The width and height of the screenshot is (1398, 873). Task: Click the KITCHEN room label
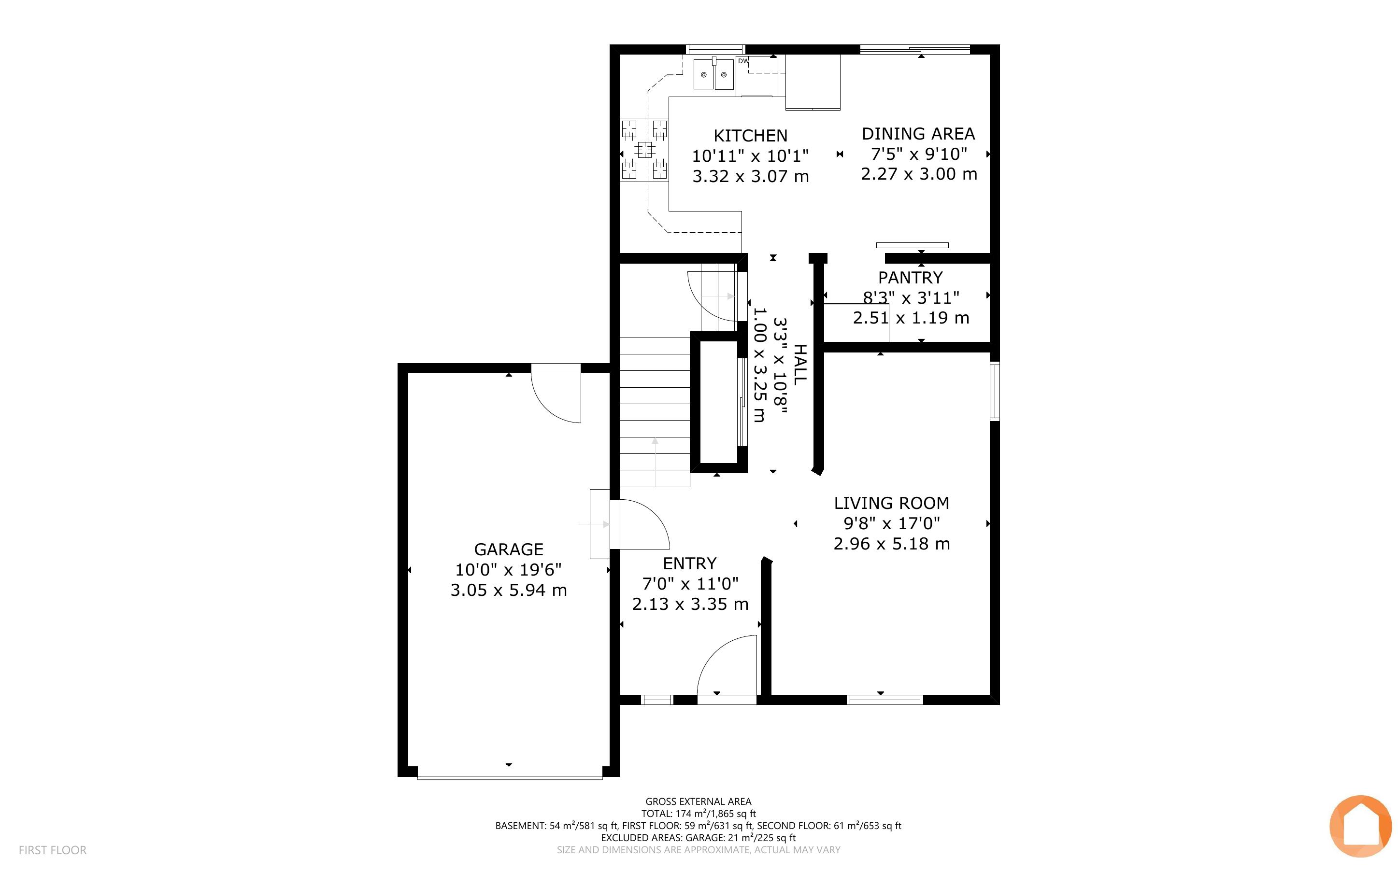coord(750,136)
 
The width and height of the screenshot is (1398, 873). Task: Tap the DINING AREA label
coord(918,134)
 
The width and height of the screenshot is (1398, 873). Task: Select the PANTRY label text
coord(910,278)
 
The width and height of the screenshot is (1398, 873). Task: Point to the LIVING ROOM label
coord(892,504)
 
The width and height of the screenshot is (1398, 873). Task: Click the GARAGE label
coord(509,549)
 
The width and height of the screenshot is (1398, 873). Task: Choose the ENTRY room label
coord(689,563)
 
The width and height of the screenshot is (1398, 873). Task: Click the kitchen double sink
coord(713,74)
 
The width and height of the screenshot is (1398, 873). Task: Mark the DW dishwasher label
coord(743,61)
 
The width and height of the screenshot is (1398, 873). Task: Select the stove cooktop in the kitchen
coord(644,150)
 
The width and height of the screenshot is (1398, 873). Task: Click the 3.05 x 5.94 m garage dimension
coord(509,591)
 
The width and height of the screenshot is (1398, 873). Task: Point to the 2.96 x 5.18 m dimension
coord(892,544)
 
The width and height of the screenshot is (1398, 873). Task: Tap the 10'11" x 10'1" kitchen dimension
coord(750,156)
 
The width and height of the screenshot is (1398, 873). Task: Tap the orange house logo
coord(1360,827)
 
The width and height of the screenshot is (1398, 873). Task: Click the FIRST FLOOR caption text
coord(53,850)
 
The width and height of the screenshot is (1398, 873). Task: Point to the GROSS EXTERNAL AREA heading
coord(698,802)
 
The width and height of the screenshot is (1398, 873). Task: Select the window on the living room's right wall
coord(994,391)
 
